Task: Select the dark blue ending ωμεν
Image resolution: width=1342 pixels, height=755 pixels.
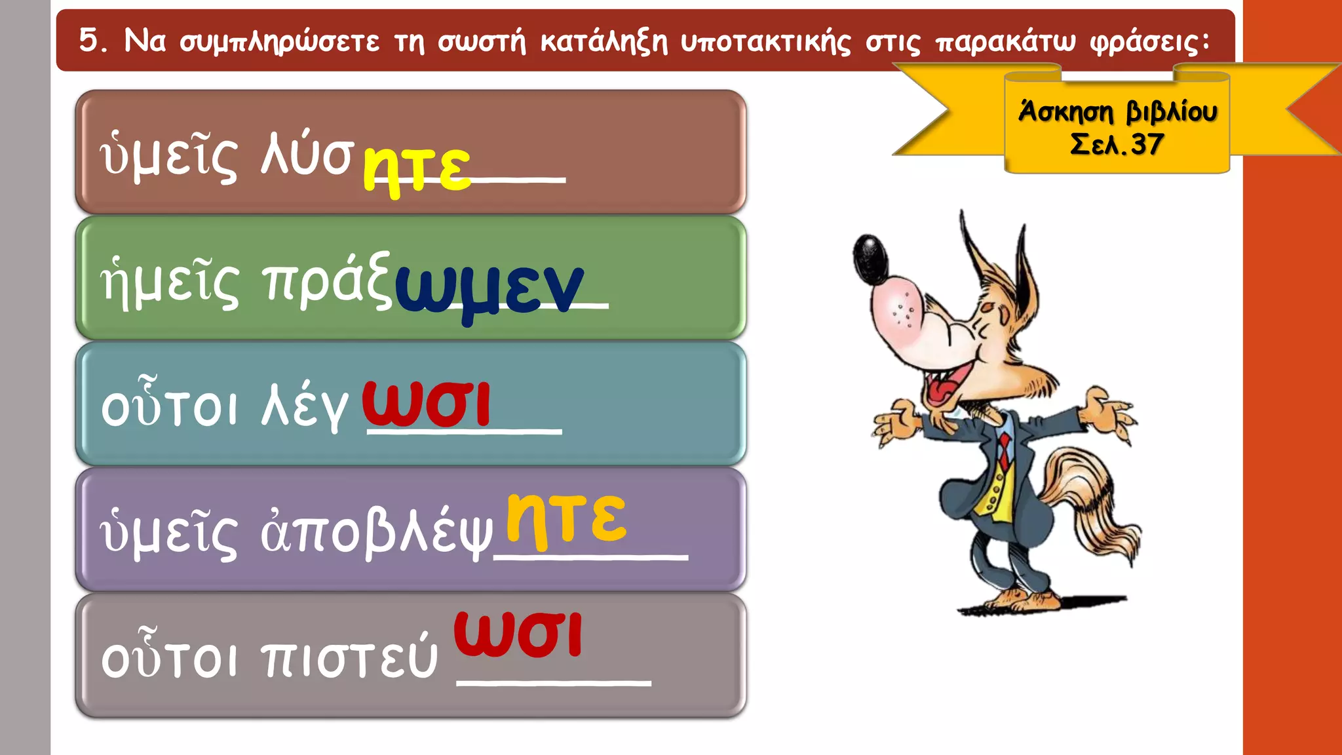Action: (489, 289)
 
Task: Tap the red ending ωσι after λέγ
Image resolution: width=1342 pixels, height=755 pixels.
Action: (426, 404)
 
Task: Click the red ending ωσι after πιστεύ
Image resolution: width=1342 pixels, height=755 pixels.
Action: (518, 634)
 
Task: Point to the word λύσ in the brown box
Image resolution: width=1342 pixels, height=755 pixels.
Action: (307, 156)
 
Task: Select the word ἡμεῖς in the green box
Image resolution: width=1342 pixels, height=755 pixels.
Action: (170, 282)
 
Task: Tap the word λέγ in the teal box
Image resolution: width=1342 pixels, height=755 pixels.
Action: (305, 406)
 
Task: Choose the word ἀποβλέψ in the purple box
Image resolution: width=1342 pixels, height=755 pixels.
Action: (376, 532)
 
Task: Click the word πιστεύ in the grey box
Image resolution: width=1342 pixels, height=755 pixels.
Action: (349, 657)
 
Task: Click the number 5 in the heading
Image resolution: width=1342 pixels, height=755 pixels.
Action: (89, 41)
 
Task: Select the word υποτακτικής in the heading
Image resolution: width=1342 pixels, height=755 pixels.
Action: (765, 43)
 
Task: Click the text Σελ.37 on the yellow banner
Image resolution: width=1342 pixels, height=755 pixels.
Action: (1117, 144)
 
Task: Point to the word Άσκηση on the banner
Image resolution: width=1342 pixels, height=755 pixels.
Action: (1065, 112)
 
